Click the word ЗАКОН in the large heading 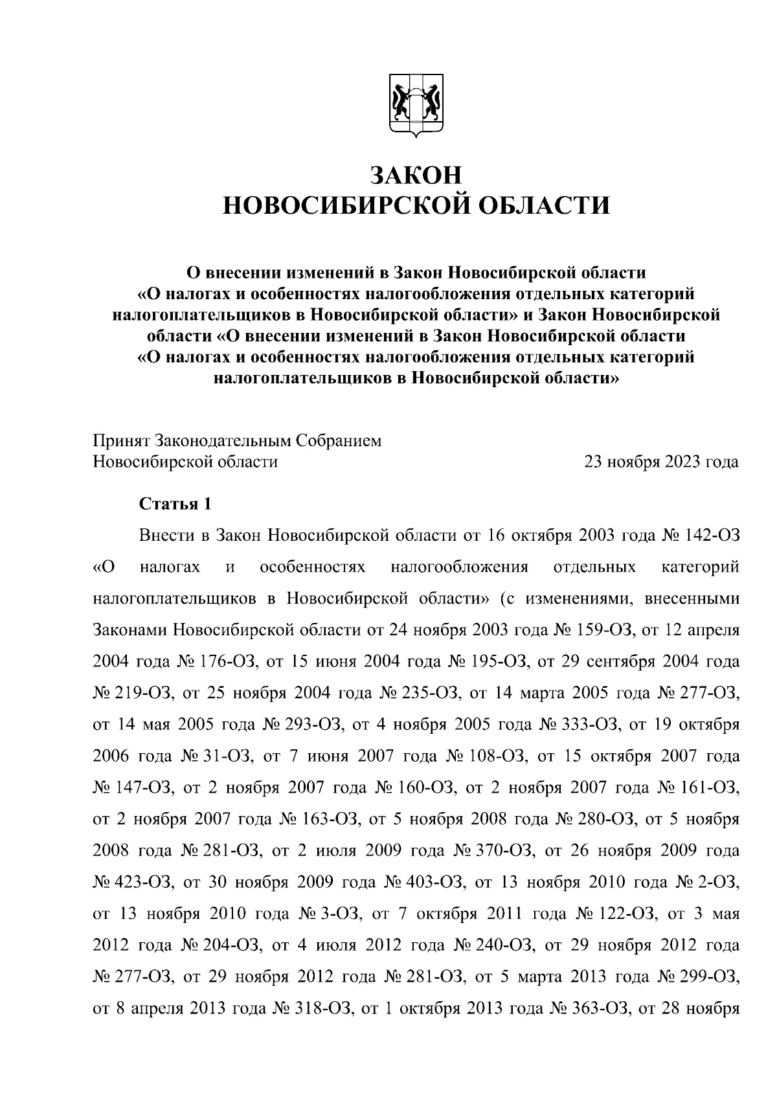(416, 176)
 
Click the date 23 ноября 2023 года (661, 462)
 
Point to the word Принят (121, 441)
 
